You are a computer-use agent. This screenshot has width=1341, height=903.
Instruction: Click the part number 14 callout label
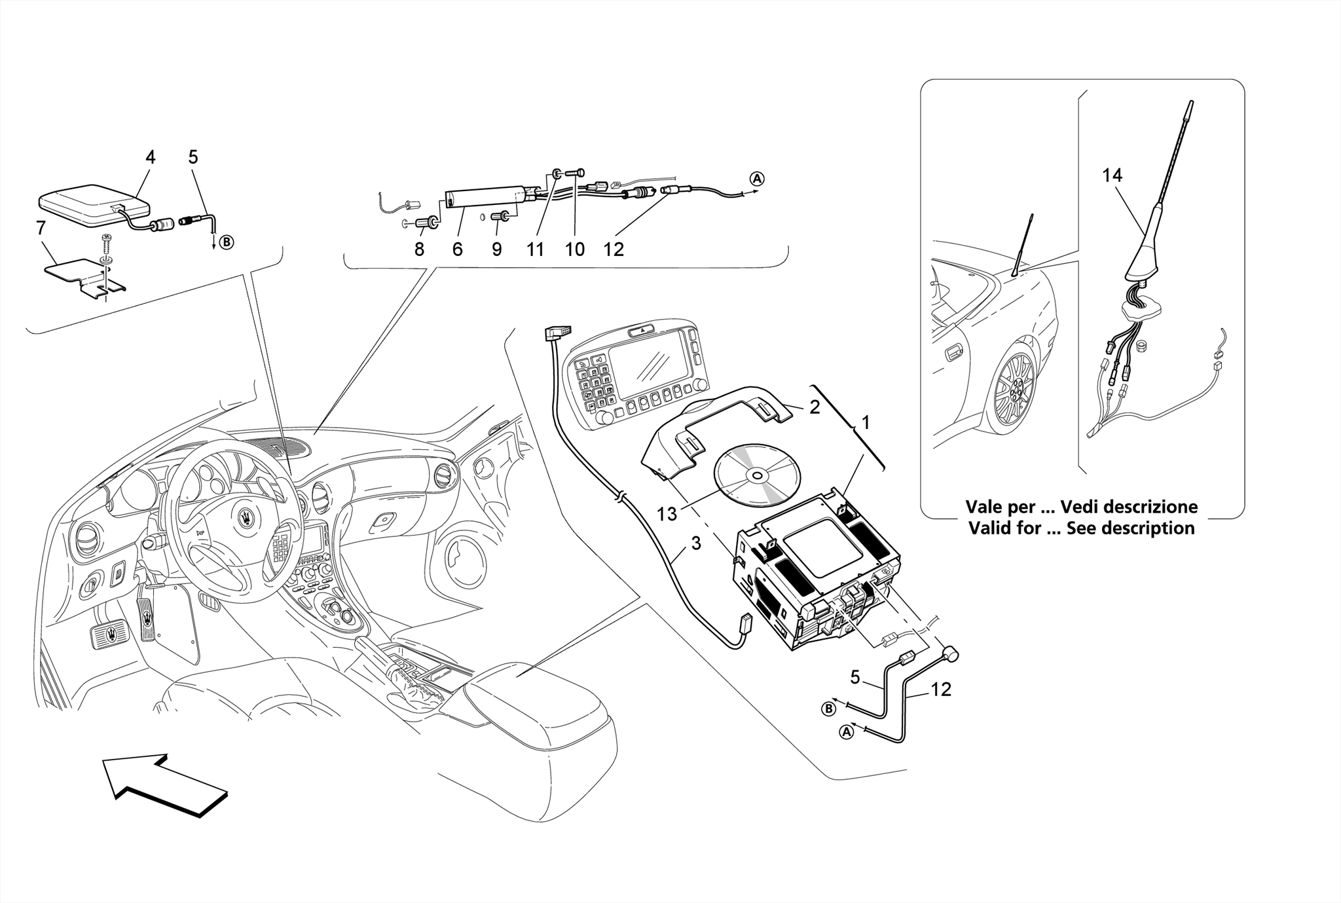click(1112, 175)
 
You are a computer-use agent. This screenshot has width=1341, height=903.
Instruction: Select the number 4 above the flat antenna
click(151, 157)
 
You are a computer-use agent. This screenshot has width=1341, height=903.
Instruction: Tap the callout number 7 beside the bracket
click(41, 228)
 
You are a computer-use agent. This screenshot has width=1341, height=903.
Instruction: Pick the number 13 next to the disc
click(667, 515)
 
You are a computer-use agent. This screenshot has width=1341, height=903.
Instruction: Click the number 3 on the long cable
click(696, 543)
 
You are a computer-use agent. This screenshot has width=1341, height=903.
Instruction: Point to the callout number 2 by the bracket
click(815, 407)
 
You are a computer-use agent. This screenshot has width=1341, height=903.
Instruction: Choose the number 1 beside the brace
click(866, 423)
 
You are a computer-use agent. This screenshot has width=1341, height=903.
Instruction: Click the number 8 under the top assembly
click(419, 249)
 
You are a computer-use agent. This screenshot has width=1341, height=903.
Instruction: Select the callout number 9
click(497, 249)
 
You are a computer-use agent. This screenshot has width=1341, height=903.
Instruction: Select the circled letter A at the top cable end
click(757, 178)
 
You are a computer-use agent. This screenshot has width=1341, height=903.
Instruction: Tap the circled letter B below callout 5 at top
click(226, 242)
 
